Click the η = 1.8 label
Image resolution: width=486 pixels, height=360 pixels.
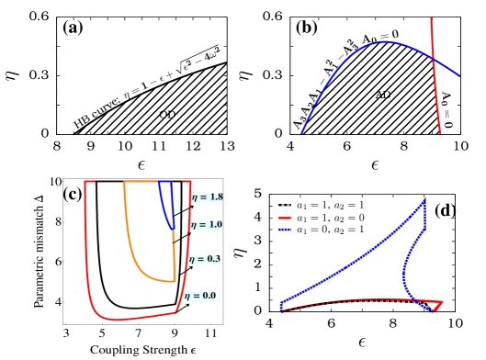click(x=207, y=197)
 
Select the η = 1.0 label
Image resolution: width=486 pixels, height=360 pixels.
click(x=206, y=225)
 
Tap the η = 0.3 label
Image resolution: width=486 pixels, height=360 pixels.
click(x=205, y=259)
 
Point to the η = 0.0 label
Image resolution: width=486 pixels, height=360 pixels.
click(x=199, y=296)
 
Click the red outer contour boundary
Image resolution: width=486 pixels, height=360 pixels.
click(x=88, y=266)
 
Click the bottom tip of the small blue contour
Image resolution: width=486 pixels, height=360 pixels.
click(x=172, y=228)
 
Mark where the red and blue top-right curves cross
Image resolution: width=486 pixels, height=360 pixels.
click(x=433, y=57)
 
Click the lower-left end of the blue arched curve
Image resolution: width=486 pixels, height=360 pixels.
click(x=301, y=132)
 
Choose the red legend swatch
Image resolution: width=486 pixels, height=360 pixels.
click(x=284, y=219)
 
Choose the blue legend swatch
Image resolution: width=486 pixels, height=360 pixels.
click(x=284, y=229)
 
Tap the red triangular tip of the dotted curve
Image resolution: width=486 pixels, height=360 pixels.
click(x=439, y=305)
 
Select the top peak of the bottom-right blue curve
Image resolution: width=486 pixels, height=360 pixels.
click(x=424, y=200)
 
